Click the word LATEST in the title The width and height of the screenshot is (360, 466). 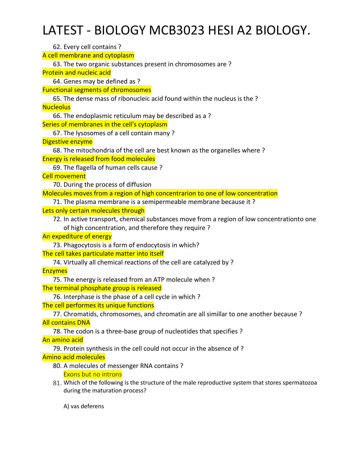63,31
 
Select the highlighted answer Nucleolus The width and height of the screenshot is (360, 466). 56,107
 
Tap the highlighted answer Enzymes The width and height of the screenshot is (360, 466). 55,271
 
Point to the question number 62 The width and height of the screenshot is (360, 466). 57,47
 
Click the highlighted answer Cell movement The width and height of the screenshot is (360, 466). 64,176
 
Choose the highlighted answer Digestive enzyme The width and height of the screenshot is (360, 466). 67,142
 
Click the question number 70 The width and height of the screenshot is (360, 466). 57,185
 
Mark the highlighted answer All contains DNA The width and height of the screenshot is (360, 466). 66,323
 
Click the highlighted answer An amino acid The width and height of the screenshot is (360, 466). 63,340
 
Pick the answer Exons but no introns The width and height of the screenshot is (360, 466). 93,374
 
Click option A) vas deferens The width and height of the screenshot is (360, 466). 83,406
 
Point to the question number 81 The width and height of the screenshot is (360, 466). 57,383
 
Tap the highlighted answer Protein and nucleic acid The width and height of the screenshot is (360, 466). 77,73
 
